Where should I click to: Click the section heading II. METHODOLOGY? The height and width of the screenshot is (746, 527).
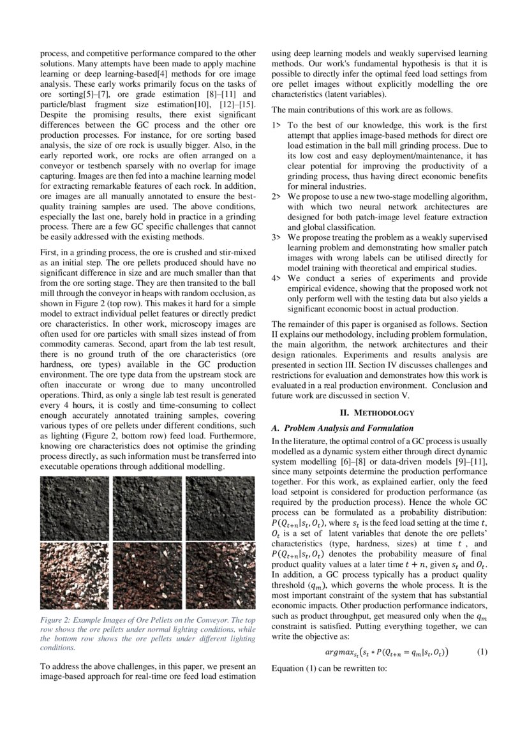point(379,413)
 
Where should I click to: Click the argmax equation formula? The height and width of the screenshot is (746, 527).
point(386,652)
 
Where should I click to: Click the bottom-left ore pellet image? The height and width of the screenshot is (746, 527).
point(75,576)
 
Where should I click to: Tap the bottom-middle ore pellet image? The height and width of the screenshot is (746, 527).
point(147,576)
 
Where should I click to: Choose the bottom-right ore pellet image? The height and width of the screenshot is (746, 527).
point(220,576)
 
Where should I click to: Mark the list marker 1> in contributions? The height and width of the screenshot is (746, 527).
point(276,126)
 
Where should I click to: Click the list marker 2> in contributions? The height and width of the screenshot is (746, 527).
point(276,197)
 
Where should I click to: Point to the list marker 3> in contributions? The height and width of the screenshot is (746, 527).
point(276,237)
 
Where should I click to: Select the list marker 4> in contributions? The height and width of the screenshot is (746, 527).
point(276,278)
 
